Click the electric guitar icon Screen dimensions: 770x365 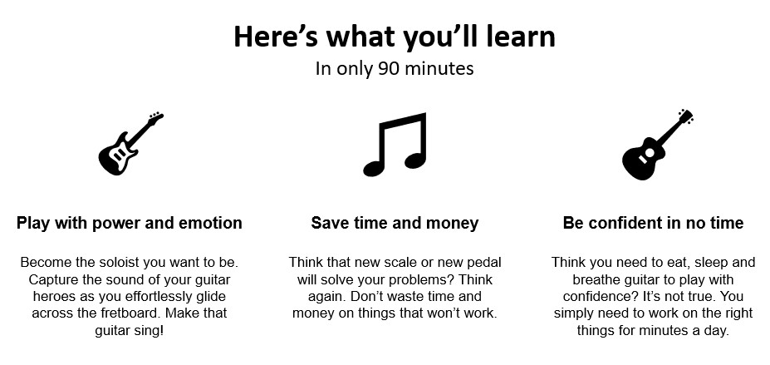click(130, 144)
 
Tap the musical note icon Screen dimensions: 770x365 click(395, 145)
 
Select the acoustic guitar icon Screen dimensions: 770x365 click(658, 145)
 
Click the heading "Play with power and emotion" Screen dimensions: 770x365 click(129, 223)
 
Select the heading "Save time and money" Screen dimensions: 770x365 click(395, 223)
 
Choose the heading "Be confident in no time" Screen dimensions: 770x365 click(653, 223)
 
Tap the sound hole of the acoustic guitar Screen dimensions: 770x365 click(650, 153)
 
